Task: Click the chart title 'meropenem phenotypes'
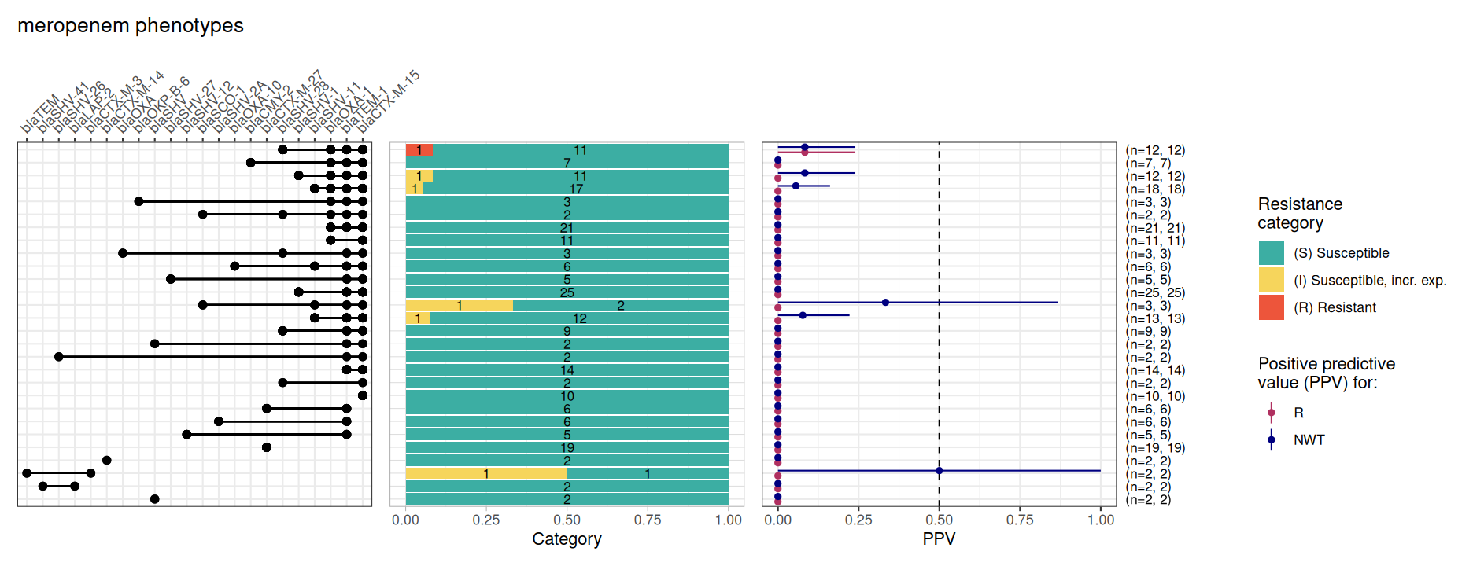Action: coord(131,26)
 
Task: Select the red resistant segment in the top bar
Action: coord(419,150)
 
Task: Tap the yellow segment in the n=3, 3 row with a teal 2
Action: coord(459,305)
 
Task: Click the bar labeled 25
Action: coord(567,292)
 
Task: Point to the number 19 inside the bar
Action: coord(567,447)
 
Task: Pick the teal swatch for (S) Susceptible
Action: coord(1271,253)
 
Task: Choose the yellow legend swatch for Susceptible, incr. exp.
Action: coord(1271,280)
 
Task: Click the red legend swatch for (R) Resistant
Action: coord(1271,307)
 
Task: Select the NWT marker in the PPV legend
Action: coord(1271,439)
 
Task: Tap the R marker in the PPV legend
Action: coord(1271,413)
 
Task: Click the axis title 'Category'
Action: coord(567,539)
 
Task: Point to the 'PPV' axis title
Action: coord(939,539)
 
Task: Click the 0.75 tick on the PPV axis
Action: coord(1020,520)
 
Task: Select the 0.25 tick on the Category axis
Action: coord(486,520)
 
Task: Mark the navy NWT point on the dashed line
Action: coord(939,471)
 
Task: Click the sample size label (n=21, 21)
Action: coord(1155,228)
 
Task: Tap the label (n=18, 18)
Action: coord(1155,189)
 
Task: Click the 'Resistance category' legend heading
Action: coord(1300,213)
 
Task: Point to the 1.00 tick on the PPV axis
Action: coord(1100,520)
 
